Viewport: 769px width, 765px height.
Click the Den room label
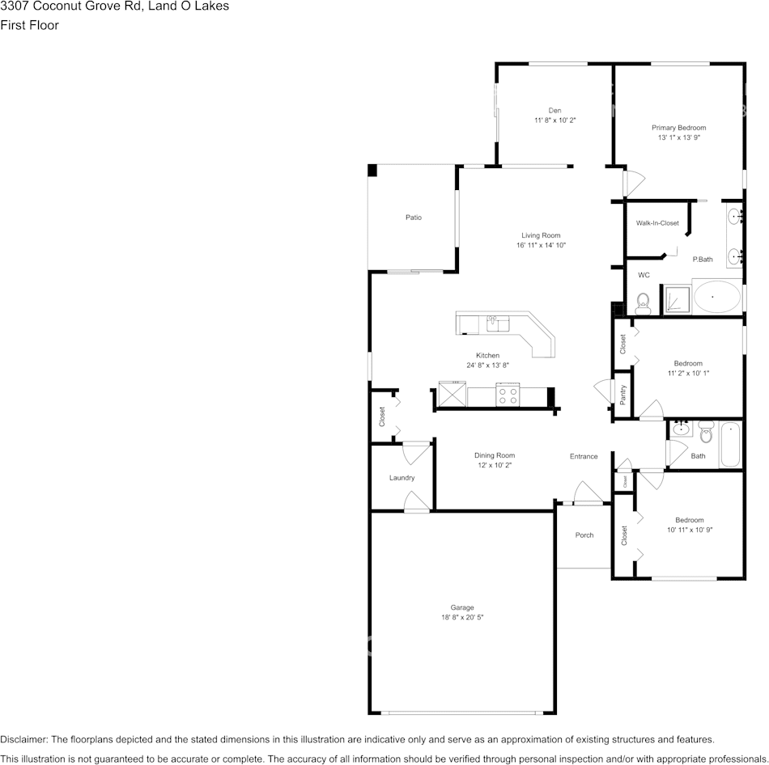tap(554, 110)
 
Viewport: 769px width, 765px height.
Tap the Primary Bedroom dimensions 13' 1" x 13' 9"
tap(678, 137)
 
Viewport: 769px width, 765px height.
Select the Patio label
tap(414, 217)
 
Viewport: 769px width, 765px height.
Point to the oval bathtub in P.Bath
tap(716, 297)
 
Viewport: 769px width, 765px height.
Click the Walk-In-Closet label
tap(657, 222)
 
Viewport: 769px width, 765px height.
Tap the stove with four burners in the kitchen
tap(508, 396)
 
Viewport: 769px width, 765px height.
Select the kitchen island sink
tap(497, 324)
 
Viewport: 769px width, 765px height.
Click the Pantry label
tap(622, 395)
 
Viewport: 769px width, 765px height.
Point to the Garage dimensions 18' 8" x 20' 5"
tap(462, 617)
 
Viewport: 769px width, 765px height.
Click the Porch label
tap(584, 535)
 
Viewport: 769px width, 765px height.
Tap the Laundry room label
tap(401, 478)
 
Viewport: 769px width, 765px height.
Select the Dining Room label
tap(494, 455)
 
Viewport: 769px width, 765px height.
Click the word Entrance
tap(584, 456)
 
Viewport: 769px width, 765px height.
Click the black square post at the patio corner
tap(372, 170)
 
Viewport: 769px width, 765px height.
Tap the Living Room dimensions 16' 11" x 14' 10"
tap(541, 245)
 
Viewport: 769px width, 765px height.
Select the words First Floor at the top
tap(29, 25)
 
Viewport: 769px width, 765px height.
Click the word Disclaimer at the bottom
tap(23, 739)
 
